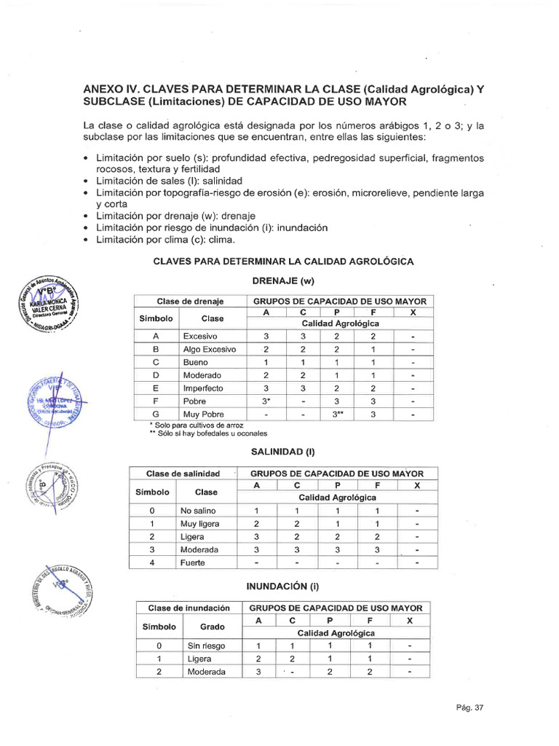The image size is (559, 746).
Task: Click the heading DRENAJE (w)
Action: (282, 280)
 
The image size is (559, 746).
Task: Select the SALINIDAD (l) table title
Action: (282, 452)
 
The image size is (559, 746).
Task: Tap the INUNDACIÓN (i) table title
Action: (284, 586)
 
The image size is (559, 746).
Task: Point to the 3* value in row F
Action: (266, 401)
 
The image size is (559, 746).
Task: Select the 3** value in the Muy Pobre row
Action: (338, 415)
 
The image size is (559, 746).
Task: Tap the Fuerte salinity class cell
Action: (193, 563)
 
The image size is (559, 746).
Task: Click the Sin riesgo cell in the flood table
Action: (206, 645)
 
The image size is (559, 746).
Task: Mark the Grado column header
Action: (213, 627)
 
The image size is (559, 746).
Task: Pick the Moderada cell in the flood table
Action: (206, 672)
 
